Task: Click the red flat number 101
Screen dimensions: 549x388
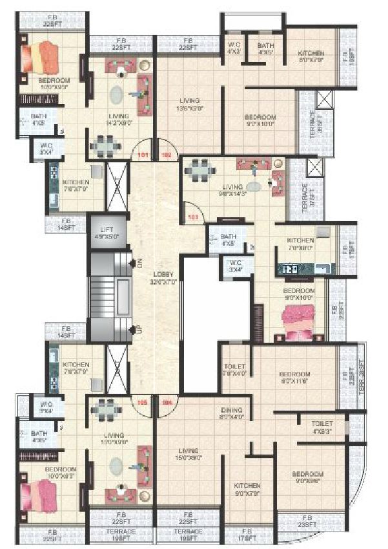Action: pyautogui.click(x=143, y=155)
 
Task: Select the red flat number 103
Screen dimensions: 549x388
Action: pyautogui.click(x=192, y=217)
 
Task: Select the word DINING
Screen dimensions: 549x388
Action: pyautogui.click(x=231, y=410)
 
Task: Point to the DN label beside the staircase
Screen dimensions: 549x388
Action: pyautogui.click(x=138, y=263)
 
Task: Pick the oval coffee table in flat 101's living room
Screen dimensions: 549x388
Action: pyautogui.click(x=116, y=94)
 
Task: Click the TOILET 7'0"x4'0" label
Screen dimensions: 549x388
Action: pyautogui.click(x=234, y=369)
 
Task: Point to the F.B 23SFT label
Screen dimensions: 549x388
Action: pyautogui.click(x=307, y=521)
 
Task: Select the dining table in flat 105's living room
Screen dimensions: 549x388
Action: pyautogui.click(x=106, y=409)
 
